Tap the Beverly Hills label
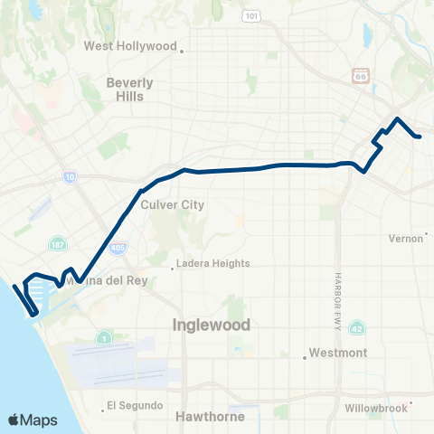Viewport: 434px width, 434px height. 130,89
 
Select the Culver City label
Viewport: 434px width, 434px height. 173,205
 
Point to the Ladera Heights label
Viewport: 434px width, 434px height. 213,264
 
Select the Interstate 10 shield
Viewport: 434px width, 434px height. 70,178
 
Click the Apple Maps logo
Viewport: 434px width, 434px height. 32,420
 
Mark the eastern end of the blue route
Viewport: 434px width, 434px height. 420,137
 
